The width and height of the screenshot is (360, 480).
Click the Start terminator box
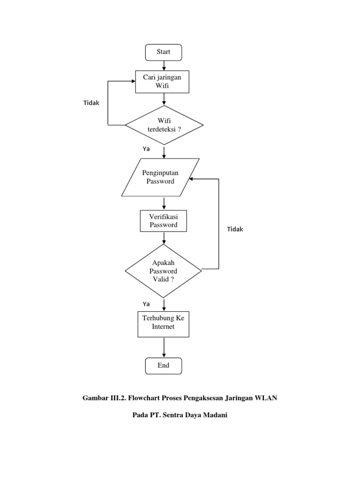[164, 52]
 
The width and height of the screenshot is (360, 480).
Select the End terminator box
[164, 365]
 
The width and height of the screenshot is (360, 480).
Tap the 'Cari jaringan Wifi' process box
[163, 82]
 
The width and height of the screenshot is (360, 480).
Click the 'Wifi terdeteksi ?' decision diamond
[164, 125]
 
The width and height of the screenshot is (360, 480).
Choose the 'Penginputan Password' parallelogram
[161, 177]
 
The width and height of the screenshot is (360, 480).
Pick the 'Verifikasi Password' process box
[163, 221]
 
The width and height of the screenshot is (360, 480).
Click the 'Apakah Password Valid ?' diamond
[163, 271]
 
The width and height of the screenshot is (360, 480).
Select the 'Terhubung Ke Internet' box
[163, 323]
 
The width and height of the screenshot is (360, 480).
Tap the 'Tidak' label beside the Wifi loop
[91, 103]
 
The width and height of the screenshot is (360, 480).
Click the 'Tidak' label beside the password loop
[235, 229]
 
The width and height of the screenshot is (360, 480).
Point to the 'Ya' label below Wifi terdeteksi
[146, 149]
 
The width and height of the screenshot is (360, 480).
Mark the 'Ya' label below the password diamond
[146, 304]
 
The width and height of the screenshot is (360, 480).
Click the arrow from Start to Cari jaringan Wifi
[164, 65]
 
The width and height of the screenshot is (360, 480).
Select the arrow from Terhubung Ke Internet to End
[164, 347]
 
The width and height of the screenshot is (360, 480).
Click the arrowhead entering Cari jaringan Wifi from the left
[133, 81]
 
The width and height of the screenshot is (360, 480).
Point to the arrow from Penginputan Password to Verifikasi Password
[164, 203]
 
